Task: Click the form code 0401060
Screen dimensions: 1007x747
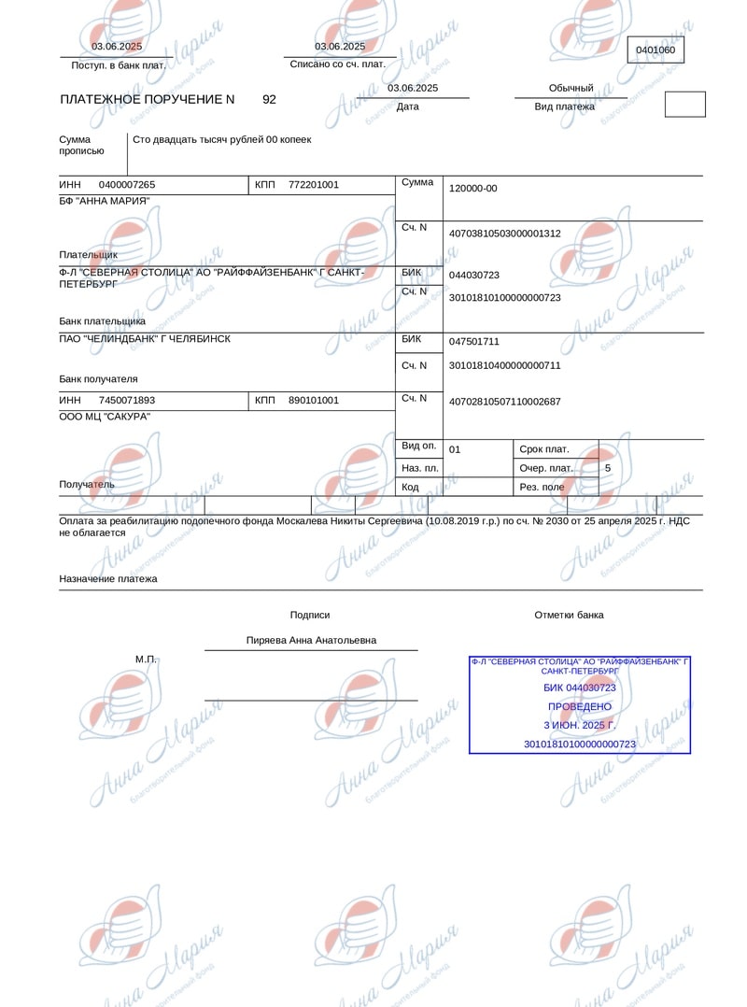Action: tap(655, 50)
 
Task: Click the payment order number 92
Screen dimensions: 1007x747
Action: tap(269, 99)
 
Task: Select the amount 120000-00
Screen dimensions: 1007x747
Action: tap(473, 189)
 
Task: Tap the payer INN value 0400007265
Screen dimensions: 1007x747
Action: tap(127, 185)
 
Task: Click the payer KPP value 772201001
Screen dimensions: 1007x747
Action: tap(314, 185)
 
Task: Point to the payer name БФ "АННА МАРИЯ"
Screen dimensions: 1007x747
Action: tap(105, 201)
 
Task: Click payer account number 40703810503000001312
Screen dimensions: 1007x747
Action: tap(505, 234)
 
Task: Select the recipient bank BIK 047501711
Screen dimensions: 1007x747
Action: tap(474, 342)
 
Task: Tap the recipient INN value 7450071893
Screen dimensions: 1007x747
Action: tap(127, 401)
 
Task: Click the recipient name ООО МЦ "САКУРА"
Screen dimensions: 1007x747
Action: tap(105, 417)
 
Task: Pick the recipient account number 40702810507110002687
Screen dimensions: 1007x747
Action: tap(505, 402)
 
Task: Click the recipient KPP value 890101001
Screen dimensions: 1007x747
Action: tap(314, 401)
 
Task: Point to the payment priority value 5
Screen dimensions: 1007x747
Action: tap(608, 467)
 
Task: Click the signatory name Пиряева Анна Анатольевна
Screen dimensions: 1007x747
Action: tap(311, 641)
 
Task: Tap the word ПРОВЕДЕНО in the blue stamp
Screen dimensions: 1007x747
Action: tap(580, 706)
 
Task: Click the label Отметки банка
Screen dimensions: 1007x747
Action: tap(569, 616)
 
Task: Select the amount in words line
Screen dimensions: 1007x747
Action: tap(222, 140)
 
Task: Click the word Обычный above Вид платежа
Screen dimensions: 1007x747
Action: tap(571, 89)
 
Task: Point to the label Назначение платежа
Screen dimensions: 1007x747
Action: tap(108, 579)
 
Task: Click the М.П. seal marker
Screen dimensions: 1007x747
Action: tap(147, 660)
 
